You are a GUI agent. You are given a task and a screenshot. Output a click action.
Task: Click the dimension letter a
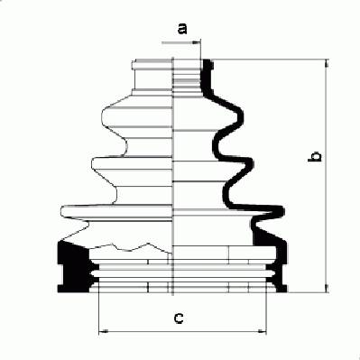tap(182, 28)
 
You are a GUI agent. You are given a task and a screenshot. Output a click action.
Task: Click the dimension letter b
tap(314, 156)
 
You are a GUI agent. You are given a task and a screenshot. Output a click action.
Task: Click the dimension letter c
tap(179, 318)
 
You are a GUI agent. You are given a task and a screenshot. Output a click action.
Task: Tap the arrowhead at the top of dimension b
tap(327, 63)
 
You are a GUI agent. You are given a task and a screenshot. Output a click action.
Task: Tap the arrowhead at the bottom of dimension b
tap(327, 288)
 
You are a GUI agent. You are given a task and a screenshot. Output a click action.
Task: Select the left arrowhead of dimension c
tap(103, 331)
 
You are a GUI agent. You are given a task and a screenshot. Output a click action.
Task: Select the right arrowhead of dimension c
tap(262, 331)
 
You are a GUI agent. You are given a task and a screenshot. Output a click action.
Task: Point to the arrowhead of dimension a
tap(197, 42)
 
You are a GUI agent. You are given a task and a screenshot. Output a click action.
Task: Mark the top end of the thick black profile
tap(208, 61)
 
